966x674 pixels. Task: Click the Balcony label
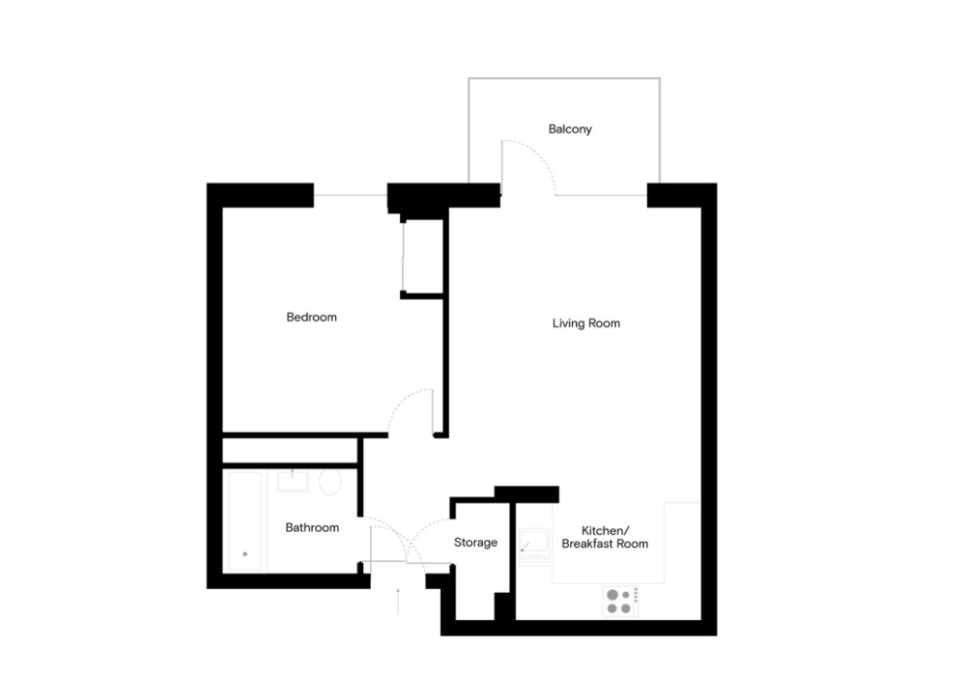[x=570, y=128]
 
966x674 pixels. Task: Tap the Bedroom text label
[x=312, y=318]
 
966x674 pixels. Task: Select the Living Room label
[x=586, y=323]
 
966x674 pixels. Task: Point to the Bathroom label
[x=312, y=527]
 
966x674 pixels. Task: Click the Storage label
[x=475, y=542]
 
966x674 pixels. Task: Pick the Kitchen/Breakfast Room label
[x=605, y=537]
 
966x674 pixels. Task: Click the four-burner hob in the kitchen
[x=620, y=602]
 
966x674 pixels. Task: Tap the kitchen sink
[x=533, y=548]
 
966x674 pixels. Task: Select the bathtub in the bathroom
[x=245, y=521]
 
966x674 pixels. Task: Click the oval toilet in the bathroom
[x=330, y=483]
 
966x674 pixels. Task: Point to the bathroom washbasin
[x=293, y=481]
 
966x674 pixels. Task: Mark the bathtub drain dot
[x=245, y=554]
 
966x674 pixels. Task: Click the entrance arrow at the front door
[x=398, y=602]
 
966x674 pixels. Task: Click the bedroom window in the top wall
[x=351, y=195]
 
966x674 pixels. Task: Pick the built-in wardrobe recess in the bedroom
[x=423, y=256]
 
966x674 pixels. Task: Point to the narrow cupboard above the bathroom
[x=290, y=450]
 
